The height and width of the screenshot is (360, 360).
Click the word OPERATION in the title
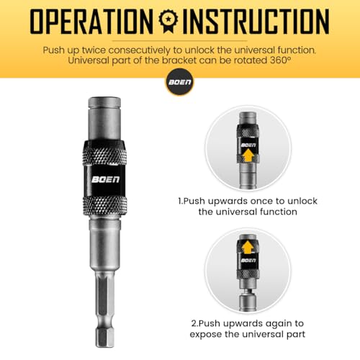coord(91,22)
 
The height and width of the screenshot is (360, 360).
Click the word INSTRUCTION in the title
coord(256,22)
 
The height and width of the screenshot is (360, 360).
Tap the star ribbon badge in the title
coord(168,21)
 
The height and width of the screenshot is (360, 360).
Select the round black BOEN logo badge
coord(180,82)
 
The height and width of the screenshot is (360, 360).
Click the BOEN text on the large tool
coord(105,179)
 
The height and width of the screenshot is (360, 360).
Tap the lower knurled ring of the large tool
coord(105,205)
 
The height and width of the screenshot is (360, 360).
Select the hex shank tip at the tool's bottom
coord(104,338)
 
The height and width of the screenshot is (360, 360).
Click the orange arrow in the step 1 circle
coord(248,156)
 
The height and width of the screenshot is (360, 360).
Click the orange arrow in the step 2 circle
coord(248,247)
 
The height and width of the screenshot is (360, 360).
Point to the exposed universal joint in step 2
coord(248,291)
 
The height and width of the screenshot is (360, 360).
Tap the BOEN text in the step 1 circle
coord(248,145)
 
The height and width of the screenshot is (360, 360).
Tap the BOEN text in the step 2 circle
coord(248,261)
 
